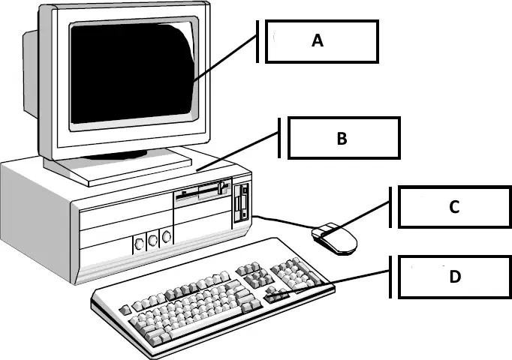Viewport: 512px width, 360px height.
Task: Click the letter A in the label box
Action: pyautogui.click(x=318, y=40)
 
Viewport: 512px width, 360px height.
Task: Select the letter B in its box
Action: pyautogui.click(x=342, y=138)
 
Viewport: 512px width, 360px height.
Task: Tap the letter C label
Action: pyautogui.click(x=454, y=207)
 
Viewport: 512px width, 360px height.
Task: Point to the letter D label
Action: pyautogui.click(x=455, y=277)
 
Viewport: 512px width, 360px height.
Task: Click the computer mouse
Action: pyautogui.click(x=334, y=238)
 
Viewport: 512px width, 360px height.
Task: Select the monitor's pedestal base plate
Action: pyautogui.click(x=118, y=168)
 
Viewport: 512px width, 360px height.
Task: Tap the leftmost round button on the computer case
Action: pyautogui.click(x=139, y=243)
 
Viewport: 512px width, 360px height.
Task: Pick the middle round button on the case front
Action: pyautogui.click(x=153, y=240)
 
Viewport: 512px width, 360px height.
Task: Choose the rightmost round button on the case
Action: pyautogui.click(x=167, y=236)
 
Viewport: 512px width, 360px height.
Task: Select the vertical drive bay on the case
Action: pyautogui.click(x=241, y=202)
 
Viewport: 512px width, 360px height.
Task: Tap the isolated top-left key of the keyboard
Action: pyautogui.click(x=125, y=310)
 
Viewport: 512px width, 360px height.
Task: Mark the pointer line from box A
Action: pyautogui.click(x=225, y=58)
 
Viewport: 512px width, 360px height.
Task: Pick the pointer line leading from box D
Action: pyautogui.click(x=330, y=283)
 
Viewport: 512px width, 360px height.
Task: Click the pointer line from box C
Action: pyautogui.click(x=356, y=217)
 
